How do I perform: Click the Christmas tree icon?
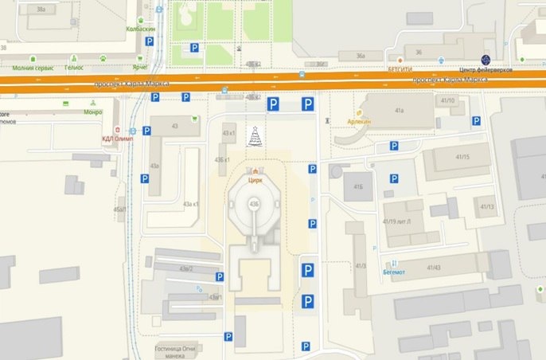[x=255, y=138]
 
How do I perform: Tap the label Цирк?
[x=255, y=180]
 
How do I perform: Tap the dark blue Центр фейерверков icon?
[x=485, y=58]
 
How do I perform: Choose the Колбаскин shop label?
[x=141, y=29]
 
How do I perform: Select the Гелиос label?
[x=74, y=68]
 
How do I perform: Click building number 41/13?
[x=487, y=207]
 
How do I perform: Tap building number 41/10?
[x=447, y=101]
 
